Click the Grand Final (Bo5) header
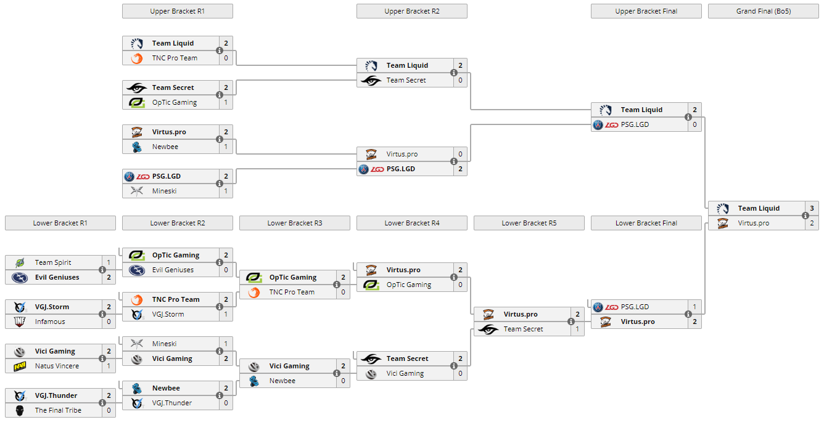click(763, 11)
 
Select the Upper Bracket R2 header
click(411, 11)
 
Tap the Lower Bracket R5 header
click(529, 223)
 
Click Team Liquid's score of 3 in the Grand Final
click(812, 208)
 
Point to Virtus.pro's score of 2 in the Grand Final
click(812, 223)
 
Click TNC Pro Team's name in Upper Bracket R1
click(175, 58)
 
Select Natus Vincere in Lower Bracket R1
click(57, 366)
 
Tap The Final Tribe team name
click(58, 410)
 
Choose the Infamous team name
click(50, 322)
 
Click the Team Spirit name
click(53, 262)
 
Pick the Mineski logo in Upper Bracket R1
click(137, 191)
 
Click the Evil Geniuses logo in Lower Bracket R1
click(20, 277)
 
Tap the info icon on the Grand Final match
click(805, 216)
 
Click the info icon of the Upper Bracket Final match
click(688, 117)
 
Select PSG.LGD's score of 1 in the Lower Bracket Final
click(694, 307)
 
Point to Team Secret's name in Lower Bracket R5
click(523, 329)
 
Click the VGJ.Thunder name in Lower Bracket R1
click(56, 395)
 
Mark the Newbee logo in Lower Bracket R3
click(254, 381)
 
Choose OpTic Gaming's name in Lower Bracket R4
click(409, 285)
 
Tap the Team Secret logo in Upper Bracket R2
click(371, 80)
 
